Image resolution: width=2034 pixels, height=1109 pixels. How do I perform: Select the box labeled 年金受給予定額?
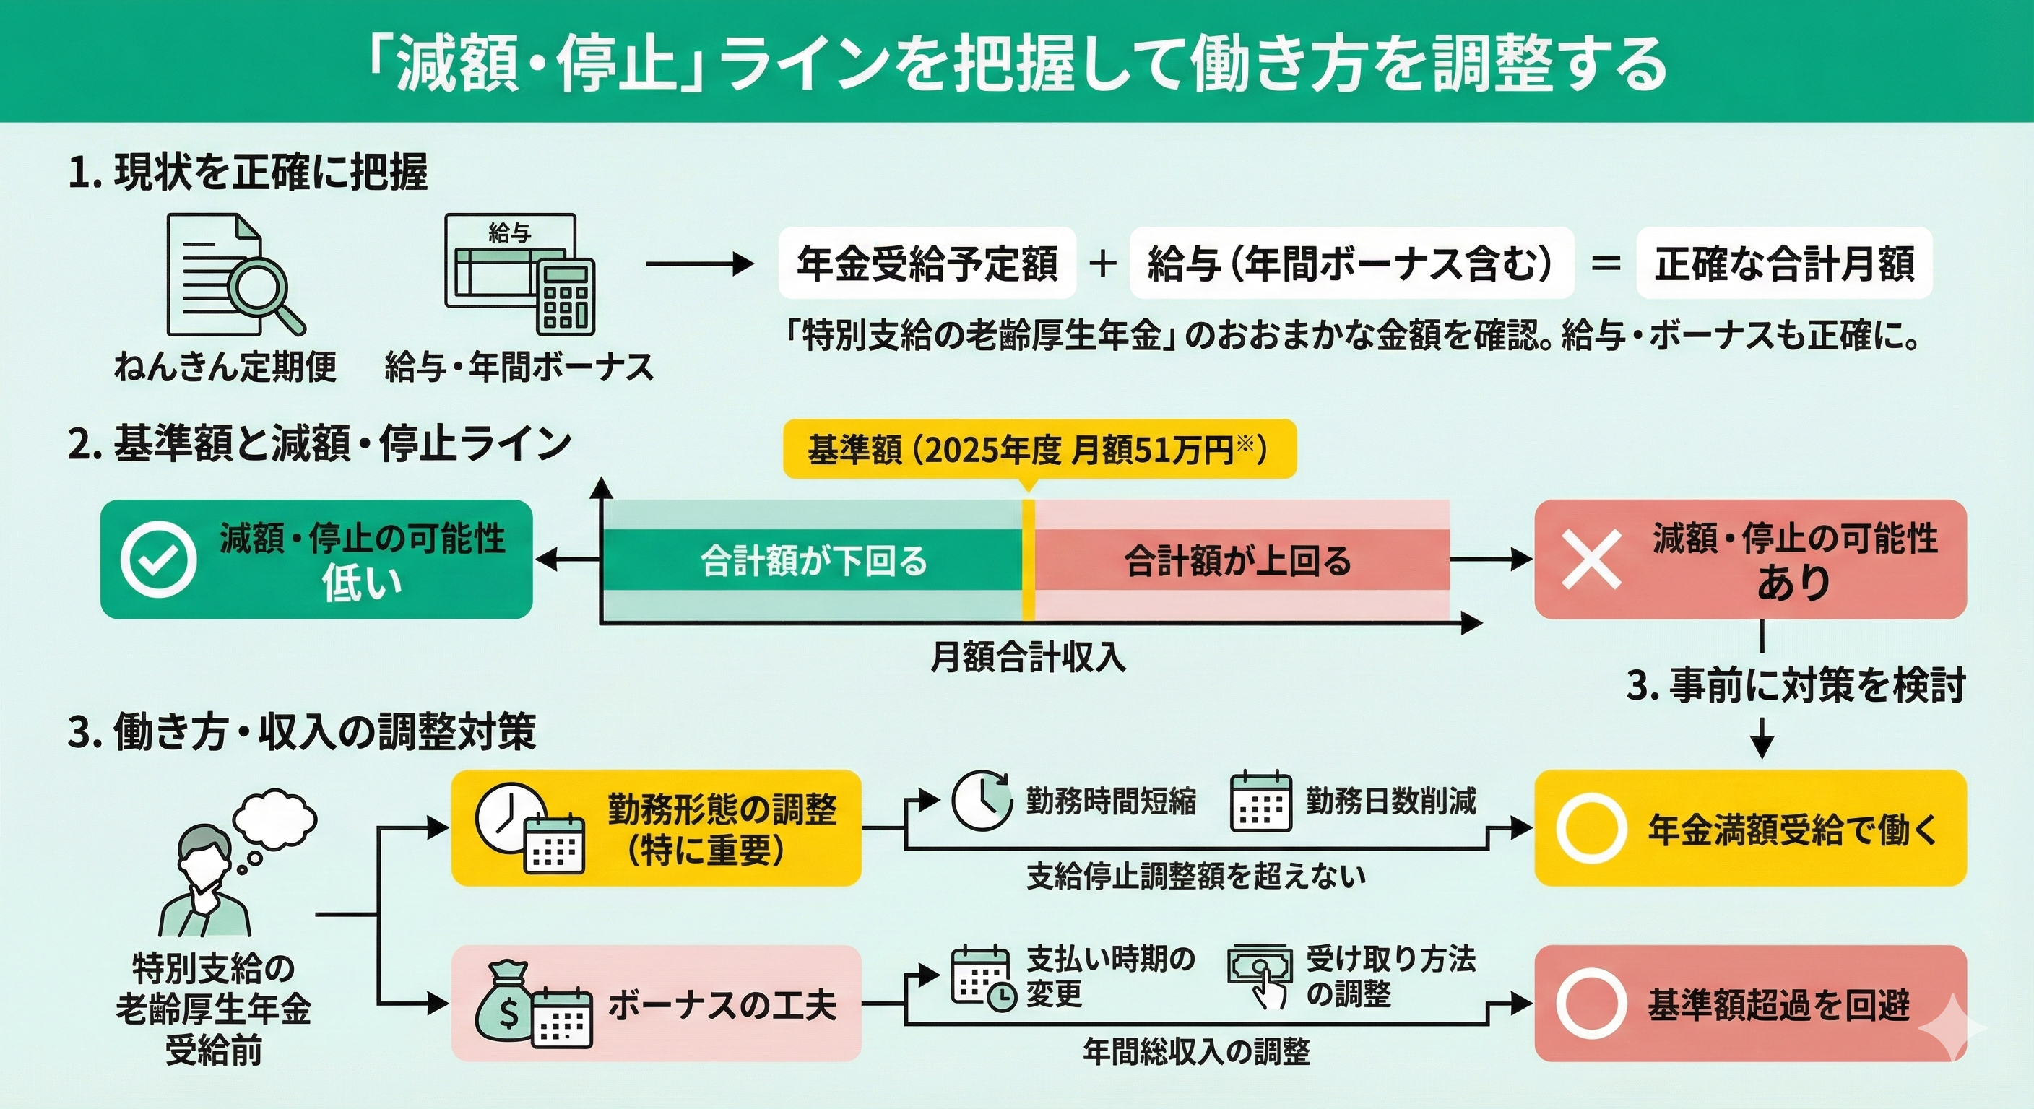coord(927,264)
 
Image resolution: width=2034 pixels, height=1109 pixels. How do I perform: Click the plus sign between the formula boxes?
coord(1102,264)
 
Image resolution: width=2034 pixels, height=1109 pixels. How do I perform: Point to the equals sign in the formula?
coord(1605,264)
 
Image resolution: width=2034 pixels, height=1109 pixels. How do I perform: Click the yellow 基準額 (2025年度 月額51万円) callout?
coord(1039,449)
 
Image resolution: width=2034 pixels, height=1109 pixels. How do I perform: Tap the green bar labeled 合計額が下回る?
coord(813,560)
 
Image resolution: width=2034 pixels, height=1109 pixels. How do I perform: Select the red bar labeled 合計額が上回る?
coord(1238,560)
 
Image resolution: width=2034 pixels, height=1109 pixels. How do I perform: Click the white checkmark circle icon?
coord(159,560)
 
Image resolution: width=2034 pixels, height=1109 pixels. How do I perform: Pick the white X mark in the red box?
coord(1592,560)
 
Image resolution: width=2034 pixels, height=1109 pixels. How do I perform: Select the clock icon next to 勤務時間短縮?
coord(981,801)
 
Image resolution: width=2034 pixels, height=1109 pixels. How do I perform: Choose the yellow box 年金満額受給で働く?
coord(1749,828)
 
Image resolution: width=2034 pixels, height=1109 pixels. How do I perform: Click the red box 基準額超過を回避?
coord(1749,1004)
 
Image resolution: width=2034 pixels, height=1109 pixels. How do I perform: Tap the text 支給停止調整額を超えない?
coord(1195,876)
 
